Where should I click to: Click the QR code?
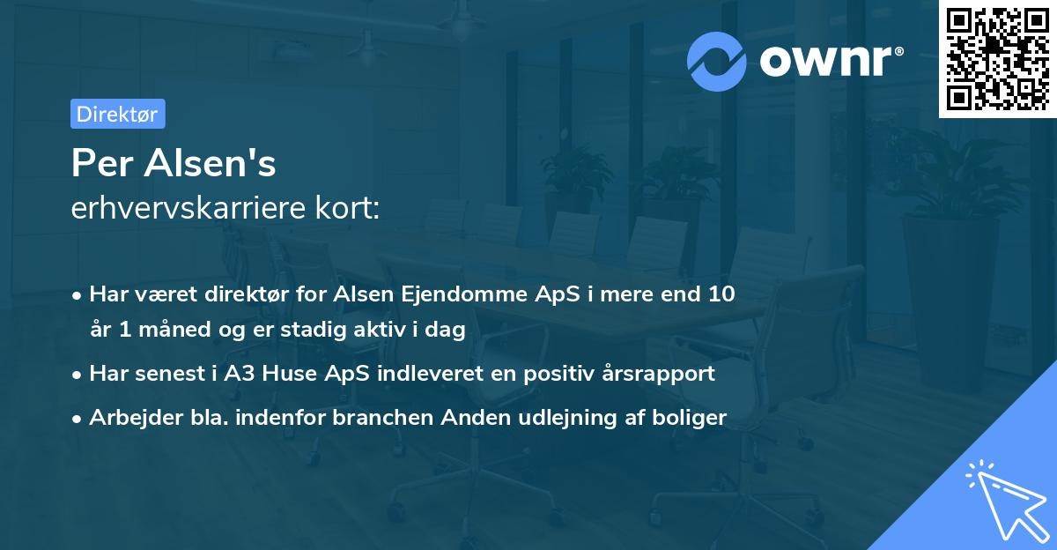tap(997, 58)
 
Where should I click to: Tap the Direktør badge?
tap(117, 114)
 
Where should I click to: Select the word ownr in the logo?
tap(826, 62)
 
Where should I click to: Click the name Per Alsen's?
tap(174, 163)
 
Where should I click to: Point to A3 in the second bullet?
tap(240, 374)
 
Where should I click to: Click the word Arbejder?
tap(131, 418)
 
